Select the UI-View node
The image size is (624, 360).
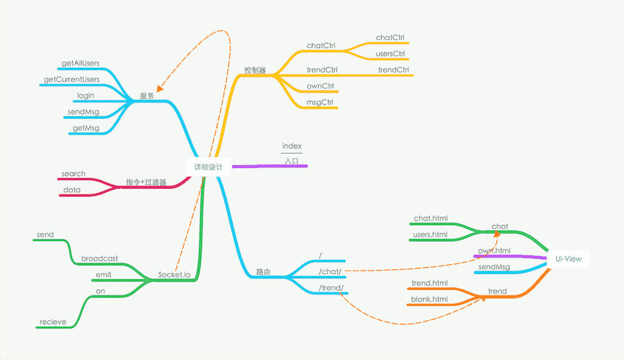[568, 259]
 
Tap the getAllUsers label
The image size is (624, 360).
[80, 63]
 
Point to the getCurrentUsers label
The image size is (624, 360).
[72, 80]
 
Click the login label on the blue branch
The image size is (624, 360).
[85, 96]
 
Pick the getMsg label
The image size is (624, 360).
[86, 128]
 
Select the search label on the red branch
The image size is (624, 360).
[74, 174]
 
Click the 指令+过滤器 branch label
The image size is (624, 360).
[146, 182]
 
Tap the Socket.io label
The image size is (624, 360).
[174, 275]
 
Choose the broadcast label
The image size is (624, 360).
[100, 259]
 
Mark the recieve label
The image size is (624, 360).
[53, 322]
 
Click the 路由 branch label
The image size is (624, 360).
[263, 272]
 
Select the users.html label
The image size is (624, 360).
[430, 235]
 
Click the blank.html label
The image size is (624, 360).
[430, 299]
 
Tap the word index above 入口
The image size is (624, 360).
[292, 147]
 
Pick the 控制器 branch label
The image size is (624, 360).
[255, 70]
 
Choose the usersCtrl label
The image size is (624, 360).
[391, 54]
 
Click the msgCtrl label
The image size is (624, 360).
[320, 102]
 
